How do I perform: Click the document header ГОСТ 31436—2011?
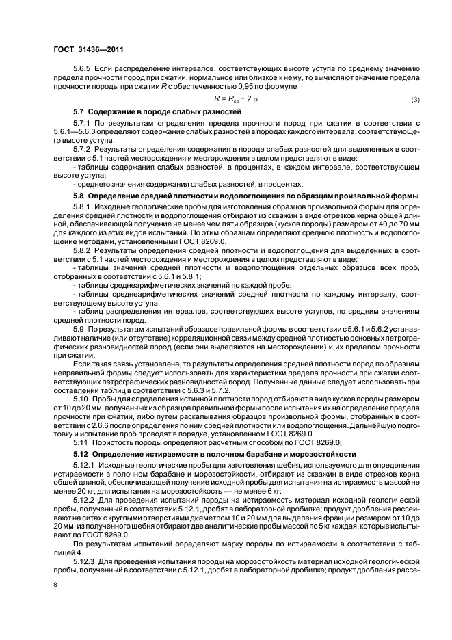click(x=88, y=50)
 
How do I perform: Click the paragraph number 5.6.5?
click(x=83, y=70)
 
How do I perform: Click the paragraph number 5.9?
click(x=79, y=329)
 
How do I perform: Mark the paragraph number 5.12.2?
click(x=85, y=501)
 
